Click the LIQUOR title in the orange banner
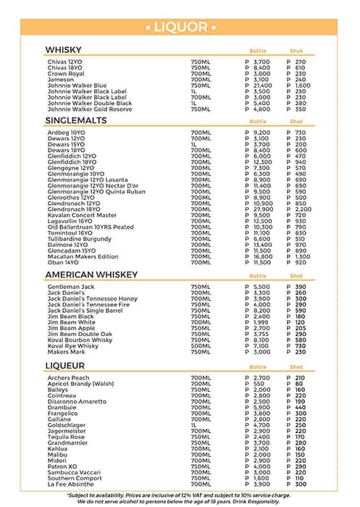[180, 27]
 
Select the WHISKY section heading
[62, 49]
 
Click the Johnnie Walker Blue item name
[77, 85]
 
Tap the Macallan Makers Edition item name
[83, 256]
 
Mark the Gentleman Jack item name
[72, 288]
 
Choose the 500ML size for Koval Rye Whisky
[201, 346]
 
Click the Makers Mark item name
[67, 352]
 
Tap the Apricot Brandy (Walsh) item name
[81, 383]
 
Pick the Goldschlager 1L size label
[193, 424]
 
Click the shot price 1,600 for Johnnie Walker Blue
[302, 85]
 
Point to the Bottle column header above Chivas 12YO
[258, 51]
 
